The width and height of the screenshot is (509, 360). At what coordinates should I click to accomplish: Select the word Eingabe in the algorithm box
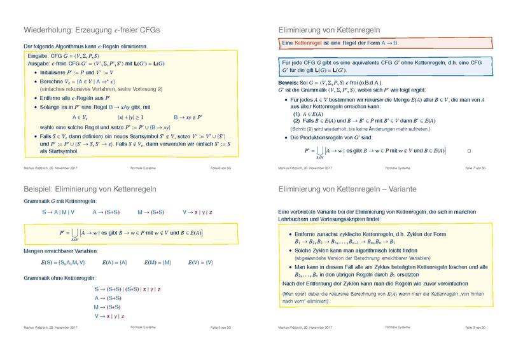[x=38, y=56]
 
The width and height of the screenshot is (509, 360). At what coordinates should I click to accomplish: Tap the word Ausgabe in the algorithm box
[x=39, y=63]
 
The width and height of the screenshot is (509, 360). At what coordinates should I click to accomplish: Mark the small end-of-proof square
[x=468, y=151]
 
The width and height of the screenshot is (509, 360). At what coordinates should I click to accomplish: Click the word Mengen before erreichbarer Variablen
[x=32, y=251]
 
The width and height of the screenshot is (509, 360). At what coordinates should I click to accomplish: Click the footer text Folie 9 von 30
[x=475, y=328]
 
